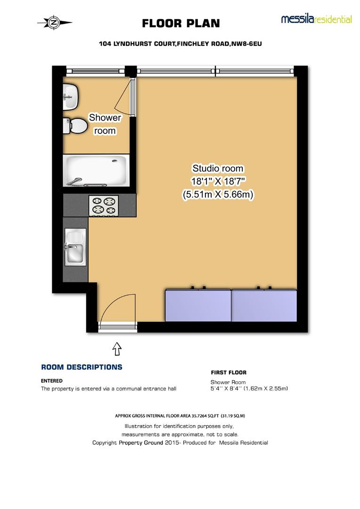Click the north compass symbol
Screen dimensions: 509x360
pyautogui.click(x=54, y=22)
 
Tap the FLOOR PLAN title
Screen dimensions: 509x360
pyautogui.click(x=180, y=23)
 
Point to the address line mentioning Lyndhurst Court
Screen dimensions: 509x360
pyautogui.click(x=180, y=44)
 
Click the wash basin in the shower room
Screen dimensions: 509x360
pyautogui.click(x=71, y=96)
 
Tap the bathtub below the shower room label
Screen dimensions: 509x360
pyautogui.click(x=96, y=170)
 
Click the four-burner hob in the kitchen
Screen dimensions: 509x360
pyautogui.click(x=104, y=205)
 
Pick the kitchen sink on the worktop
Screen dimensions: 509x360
pyautogui.click(x=75, y=247)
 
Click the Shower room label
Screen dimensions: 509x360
pyautogui.click(x=105, y=124)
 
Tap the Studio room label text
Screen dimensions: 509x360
pyautogui.click(x=218, y=168)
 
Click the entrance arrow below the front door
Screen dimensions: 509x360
pyautogui.click(x=117, y=349)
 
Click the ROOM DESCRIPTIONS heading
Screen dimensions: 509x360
pyautogui.click(x=82, y=367)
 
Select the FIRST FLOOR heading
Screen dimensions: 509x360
pyautogui.click(x=228, y=372)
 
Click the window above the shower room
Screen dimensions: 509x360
pyautogui.click(x=96, y=71)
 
